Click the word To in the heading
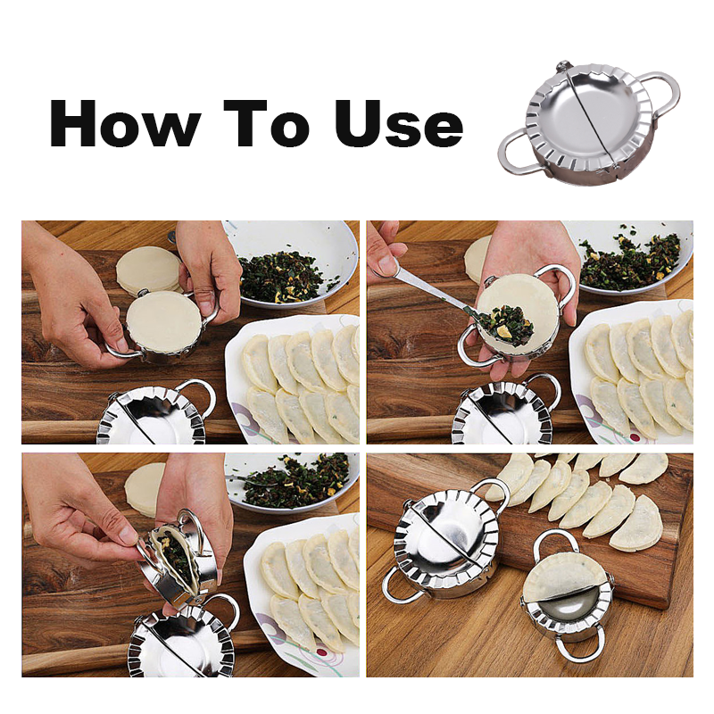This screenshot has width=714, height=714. (267, 123)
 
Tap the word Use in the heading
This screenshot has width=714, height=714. (399, 124)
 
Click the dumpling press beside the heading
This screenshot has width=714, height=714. (589, 123)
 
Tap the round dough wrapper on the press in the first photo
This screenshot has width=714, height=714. (163, 320)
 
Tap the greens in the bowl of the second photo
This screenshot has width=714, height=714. (630, 262)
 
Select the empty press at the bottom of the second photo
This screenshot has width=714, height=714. (504, 411)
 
